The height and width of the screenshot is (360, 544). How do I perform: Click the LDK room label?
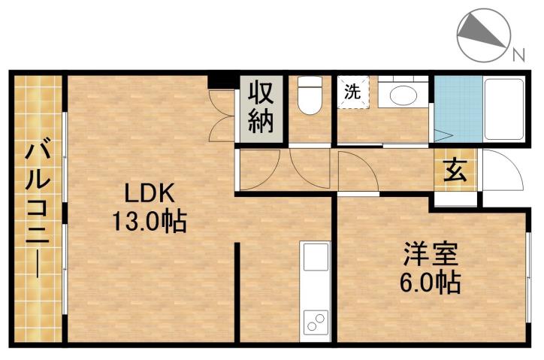coord(150,195)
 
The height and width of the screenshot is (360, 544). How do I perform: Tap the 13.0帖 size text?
coord(150,222)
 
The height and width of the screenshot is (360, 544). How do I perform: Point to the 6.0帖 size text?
coord(431,283)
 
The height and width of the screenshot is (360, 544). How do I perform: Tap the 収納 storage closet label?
coord(261,108)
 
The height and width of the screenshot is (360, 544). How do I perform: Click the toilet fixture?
coord(309,97)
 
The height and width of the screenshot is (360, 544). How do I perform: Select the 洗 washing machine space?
coord(352,93)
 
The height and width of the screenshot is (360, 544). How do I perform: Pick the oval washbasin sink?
coord(403,96)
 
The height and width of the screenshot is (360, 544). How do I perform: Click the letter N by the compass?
coord(518,53)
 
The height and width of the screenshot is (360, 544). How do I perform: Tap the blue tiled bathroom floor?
coord(456,110)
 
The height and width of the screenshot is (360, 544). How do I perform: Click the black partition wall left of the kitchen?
coord(239,292)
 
